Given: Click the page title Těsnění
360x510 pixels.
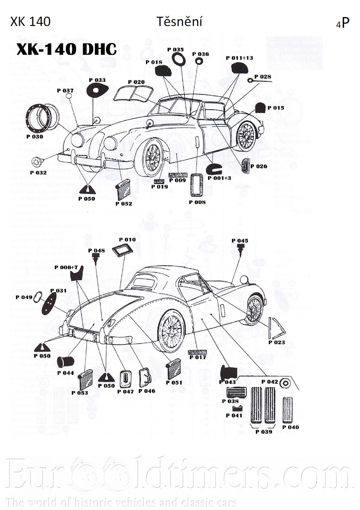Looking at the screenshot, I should point(179,22).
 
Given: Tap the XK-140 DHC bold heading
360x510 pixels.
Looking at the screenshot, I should point(66,49).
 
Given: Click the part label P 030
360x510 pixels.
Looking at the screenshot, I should point(35,137).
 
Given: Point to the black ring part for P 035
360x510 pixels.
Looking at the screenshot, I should point(178,59).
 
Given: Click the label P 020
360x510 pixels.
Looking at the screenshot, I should point(136,82).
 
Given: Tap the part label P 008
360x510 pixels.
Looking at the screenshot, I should point(197,202).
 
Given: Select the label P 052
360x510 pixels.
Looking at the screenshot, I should point(124,203).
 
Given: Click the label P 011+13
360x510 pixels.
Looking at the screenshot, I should point(239,58).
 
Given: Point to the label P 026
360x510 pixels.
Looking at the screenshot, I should point(259,166).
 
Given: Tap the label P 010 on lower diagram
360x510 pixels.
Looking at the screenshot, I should point(127,240).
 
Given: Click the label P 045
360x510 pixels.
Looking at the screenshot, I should point(240,241).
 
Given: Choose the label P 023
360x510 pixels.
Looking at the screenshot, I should point(276,342).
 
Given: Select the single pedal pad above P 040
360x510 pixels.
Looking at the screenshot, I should point(288,410).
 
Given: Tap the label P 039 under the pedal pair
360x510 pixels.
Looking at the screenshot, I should point(264,432).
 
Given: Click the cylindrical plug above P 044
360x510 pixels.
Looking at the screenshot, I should point(66,362).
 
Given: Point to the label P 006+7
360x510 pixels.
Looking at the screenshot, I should point(66,267).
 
